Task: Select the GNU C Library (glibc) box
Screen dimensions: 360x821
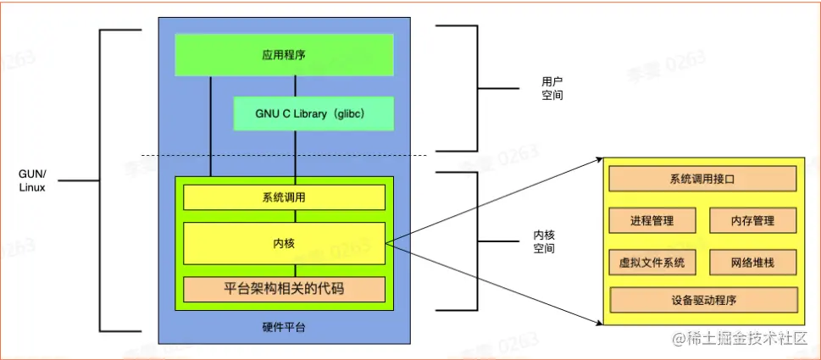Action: [313, 114]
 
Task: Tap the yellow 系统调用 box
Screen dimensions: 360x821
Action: [284, 197]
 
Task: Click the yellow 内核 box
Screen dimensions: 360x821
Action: [284, 243]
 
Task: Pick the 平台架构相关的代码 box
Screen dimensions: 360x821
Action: [284, 289]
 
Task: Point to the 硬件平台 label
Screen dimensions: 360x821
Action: [284, 327]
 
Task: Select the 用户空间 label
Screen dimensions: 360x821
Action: [552, 89]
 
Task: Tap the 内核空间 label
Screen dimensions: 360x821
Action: [543, 241]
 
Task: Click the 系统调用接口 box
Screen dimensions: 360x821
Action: [702, 179]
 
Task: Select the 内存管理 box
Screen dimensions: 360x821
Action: [753, 220]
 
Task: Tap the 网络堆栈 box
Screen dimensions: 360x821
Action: [753, 263]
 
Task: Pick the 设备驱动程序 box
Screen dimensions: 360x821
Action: [702, 300]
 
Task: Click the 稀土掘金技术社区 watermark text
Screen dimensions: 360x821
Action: [746, 340]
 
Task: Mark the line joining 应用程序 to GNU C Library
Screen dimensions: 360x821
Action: [295, 86]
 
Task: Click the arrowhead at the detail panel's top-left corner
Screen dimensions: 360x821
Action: [599, 159]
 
